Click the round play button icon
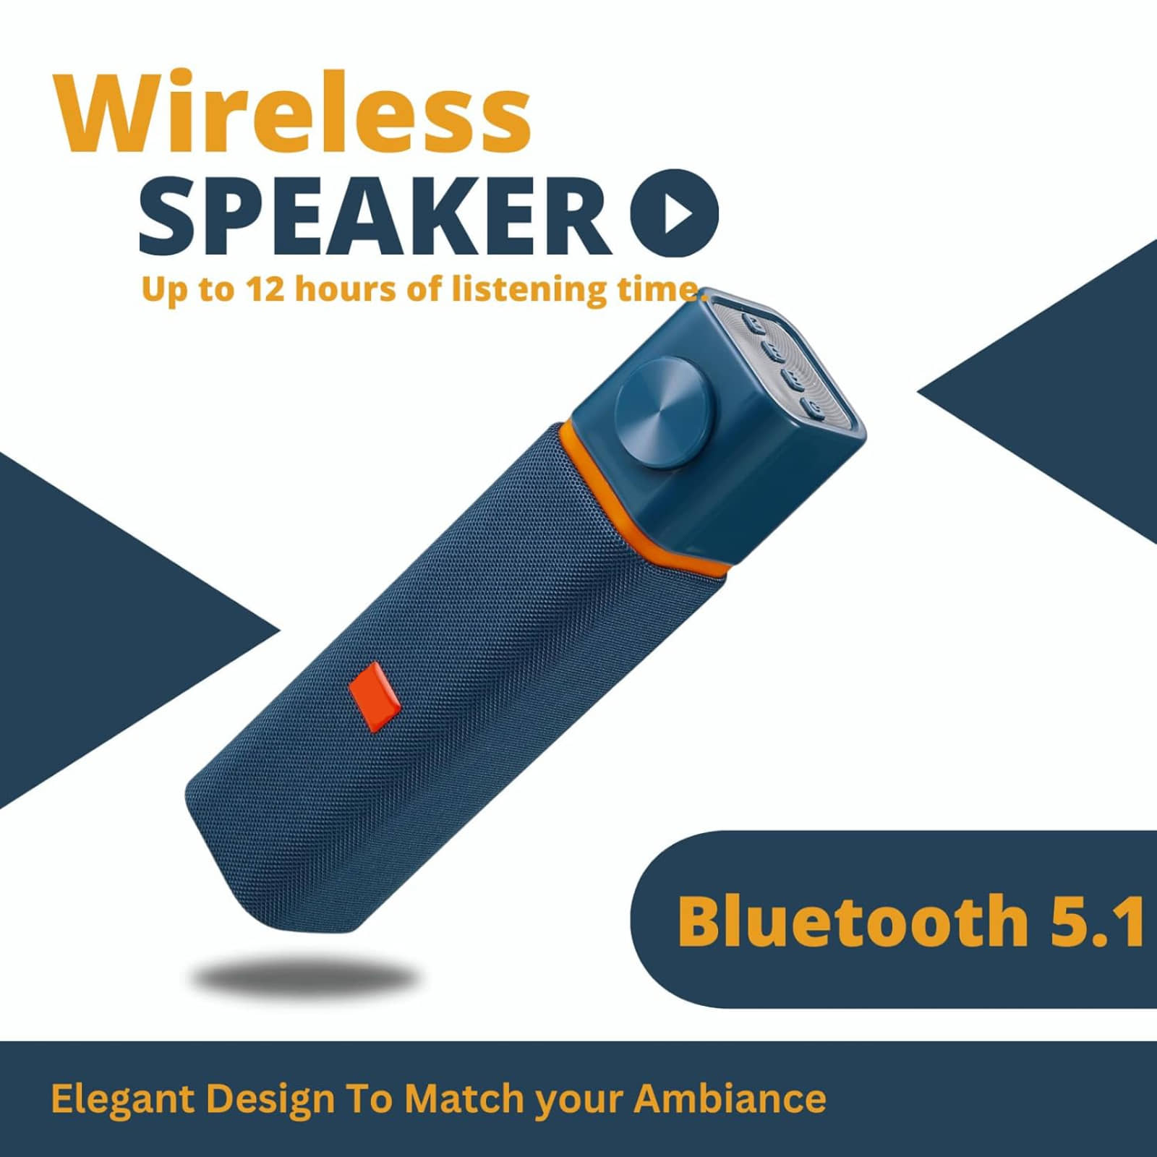[674, 213]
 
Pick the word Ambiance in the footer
[730, 1098]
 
